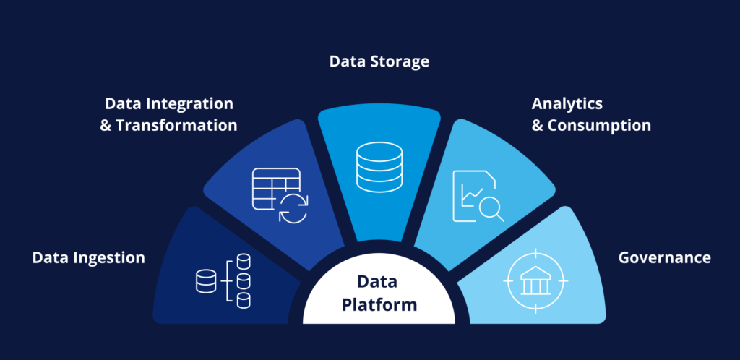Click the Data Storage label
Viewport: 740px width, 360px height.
pyautogui.click(x=379, y=61)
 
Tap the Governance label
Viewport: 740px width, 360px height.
pyautogui.click(x=664, y=257)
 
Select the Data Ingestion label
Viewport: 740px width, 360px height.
pyautogui.click(x=88, y=257)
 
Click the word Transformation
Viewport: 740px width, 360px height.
pyautogui.click(x=176, y=125)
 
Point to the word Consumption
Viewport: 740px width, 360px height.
pyautogui.click(x=599, y=125)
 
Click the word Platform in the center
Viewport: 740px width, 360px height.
pyautogui.click(x=379, y=304)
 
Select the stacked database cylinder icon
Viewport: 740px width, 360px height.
pyautogui.click(x=379, y=166)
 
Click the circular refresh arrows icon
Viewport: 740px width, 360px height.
pyautogui.click(x=293, y=207)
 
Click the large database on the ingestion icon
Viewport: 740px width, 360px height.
pyautogui.click(x=206, y=280)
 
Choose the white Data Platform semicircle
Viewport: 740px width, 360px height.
pyautogui.click(x=379, y=296)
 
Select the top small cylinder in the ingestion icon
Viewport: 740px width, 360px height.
pyautogui.click(x=244, y=261)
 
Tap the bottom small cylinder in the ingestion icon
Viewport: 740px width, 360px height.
pyautogui.click(x=244, y=300)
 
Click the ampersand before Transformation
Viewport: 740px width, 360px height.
pyautogui.click(x=106, y=125)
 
